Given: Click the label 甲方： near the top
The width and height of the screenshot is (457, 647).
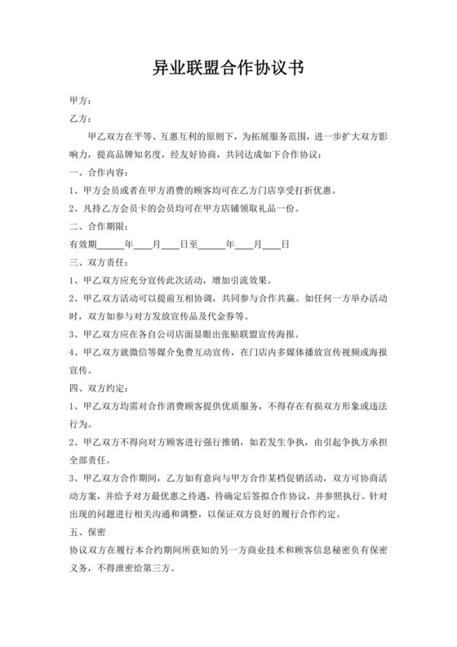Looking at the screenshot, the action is (x=81, y=102).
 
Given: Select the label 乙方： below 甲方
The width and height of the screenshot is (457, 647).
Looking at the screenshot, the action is (x=81, y=119).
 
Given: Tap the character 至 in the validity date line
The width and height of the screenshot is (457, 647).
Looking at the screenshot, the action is (x=193, y=244).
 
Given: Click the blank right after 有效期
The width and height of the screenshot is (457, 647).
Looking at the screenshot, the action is (x=110, y=244).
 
